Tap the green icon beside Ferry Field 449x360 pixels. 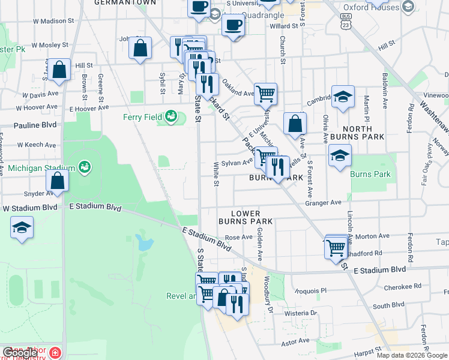(x=172, y=115)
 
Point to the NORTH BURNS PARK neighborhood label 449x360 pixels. (x=357, y=133)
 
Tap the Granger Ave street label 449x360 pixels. (x=323, y=203)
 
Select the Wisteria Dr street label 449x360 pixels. (x=301, y=313)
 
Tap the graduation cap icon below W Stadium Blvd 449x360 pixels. (x=22, y=227)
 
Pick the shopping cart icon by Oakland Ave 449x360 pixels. (x=265, y=92)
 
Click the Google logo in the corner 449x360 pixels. (x=20, y=353)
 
